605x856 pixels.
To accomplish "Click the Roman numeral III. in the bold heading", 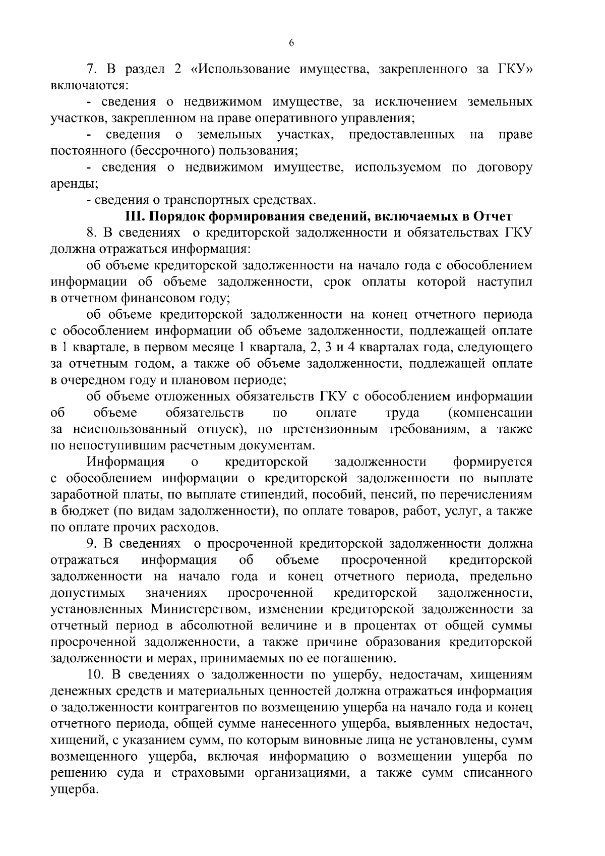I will point(135,216).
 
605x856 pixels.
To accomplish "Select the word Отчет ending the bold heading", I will point(493,216).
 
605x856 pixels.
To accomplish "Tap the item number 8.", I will point(91,233).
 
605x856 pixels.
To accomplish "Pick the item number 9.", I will point(91,544).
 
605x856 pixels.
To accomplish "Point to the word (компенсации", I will point(490,413).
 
